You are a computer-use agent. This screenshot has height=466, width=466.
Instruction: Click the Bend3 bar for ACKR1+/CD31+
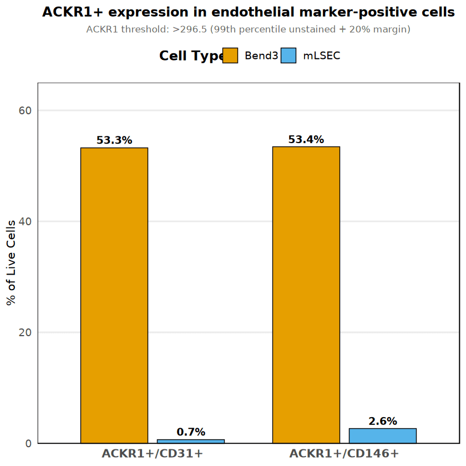pyautogui.click(x=114, y=295)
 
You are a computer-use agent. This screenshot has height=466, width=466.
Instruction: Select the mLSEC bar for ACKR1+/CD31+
pyautogui.click(x=191, y=441)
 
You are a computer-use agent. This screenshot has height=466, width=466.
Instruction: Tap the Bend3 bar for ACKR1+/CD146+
pyautogui.click(x=306, y=295)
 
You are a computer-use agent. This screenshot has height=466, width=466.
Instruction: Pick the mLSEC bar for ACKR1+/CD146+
pyautogui.click(x=382, y=436)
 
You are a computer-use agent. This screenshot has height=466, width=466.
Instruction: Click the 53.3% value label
pyautogui.click(x=114, y=140)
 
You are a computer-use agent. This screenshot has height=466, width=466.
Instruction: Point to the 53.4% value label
pyautogui.click(x=306, y=140)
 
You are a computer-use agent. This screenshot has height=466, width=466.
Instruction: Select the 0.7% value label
pyautogui.click(x=191, y=432)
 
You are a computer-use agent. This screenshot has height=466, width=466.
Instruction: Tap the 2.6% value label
pyautogui.click(x=382, y=422)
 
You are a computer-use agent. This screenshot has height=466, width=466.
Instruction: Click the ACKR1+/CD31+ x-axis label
pyautogui.click(x=153, y=454)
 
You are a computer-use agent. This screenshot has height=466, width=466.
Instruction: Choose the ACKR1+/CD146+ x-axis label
pyautogui.click(x=344, y=454)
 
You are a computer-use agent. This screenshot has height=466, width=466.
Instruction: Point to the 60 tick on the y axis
pyautogui.click(x=25, y=110)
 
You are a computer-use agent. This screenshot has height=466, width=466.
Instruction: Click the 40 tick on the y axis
pyautogui.click(x=25, y=221)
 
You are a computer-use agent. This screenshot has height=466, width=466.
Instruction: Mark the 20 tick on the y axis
pyautogui.click(x=25, y=332)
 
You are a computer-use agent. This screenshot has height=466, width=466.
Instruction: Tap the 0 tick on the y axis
pyautogui.click(x=28, y=443)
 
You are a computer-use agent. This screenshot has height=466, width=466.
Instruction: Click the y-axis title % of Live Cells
pyautogui.click(x=11, y=263)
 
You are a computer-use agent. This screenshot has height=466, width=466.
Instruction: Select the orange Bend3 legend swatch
pyautogui.click(x=230, y=55)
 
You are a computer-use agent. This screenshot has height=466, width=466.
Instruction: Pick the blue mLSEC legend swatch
pyautogui.click(x=288, y=55)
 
